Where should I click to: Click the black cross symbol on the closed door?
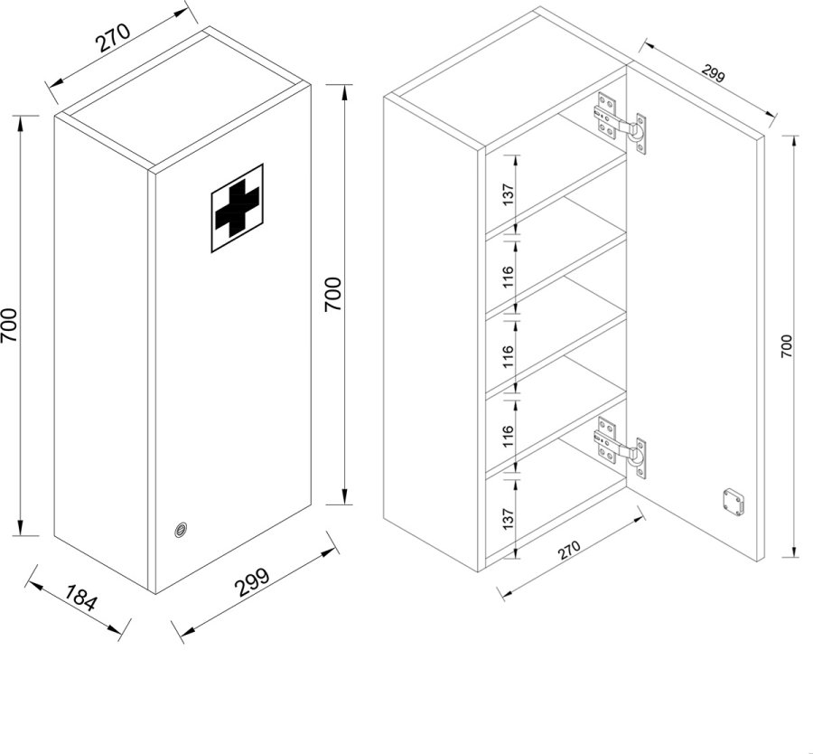[x=237, y=208]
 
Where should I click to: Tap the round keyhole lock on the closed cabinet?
[x=181, y=530]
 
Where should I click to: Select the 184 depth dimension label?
[x=81, y=597]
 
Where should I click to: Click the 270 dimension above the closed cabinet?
[x=113, y=38]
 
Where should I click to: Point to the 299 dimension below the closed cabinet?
[x=253, y=582]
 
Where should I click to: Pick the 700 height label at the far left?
[x=9, y=325]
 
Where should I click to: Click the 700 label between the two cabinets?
[x=332, y=294]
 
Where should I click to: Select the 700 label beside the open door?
[x=786, y=346]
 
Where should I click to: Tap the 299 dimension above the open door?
[x=713, y=73]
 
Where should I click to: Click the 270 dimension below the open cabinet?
[x=569, y=551]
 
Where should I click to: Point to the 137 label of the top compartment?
[x=508, y=194]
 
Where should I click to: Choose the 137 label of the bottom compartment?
[x=508, y=518]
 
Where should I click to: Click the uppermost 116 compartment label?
[x=508, y=278]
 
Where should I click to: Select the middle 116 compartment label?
[x=508, y=357]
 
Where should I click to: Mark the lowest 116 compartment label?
[x=508, y=437]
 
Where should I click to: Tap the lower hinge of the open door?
[x=620, y=448]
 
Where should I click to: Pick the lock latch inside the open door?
[x=733, y=502]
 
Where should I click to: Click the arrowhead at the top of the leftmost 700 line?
[x=20, y=122]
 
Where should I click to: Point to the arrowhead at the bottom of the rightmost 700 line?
[x=794, y=550]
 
